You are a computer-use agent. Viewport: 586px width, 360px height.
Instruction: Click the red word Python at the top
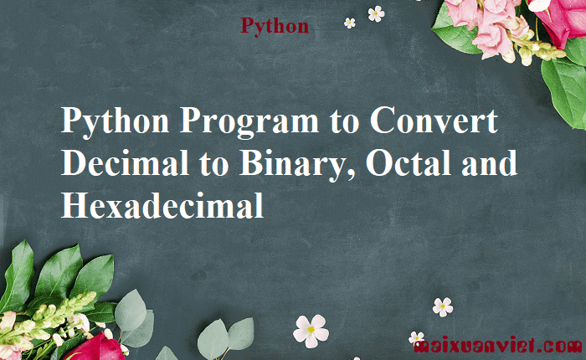pos(275,26)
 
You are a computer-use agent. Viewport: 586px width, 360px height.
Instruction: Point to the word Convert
pos(434,120)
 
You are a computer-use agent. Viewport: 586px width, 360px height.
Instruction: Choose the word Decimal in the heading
pos(126,162)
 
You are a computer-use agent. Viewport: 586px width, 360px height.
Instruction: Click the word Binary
pos(291,165)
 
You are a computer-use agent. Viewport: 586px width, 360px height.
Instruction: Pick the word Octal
pos(409,162)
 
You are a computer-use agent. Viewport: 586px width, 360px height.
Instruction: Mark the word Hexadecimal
pos(162,205)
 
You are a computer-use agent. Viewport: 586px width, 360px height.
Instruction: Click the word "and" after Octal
pos(490,162)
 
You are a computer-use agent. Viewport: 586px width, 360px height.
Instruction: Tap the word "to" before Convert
pos(344,122)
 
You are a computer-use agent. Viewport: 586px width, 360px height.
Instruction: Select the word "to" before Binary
pos(213,165)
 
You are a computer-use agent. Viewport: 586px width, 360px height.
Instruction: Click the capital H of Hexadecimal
pos(75,205)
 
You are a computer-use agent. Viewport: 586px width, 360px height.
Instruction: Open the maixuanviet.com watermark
pos(499,346)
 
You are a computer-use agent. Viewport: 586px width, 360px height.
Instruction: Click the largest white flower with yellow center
pos(311,332)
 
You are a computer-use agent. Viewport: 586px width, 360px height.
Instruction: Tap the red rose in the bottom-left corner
pos(96,347)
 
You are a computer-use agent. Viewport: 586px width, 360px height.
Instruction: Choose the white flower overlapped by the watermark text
pos(416,337)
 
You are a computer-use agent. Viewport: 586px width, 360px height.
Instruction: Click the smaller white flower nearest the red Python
pos(350,23)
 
